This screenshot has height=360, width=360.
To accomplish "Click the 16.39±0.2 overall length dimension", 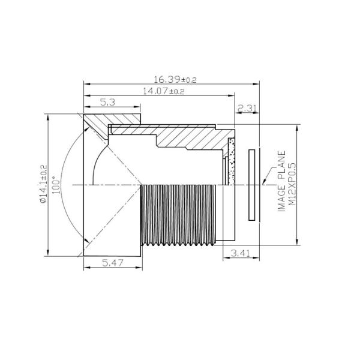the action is click(x=175, y=80).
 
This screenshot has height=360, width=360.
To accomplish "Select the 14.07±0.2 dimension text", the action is click(x=164, y=91).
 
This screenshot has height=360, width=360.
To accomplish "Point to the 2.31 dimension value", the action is click(x=247, y=108).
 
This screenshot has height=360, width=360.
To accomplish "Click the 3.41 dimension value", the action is click(x=240, y=253).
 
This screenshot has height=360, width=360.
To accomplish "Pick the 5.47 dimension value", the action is click(x=113, y=263).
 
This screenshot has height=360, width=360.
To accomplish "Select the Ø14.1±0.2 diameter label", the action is click(x=43, y=184).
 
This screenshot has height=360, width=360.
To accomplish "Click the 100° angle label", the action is click(x=56, y=185).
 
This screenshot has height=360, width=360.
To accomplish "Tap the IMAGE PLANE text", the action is click(x=281, y=181).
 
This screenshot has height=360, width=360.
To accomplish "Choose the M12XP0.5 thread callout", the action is click(x=292, y=184).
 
